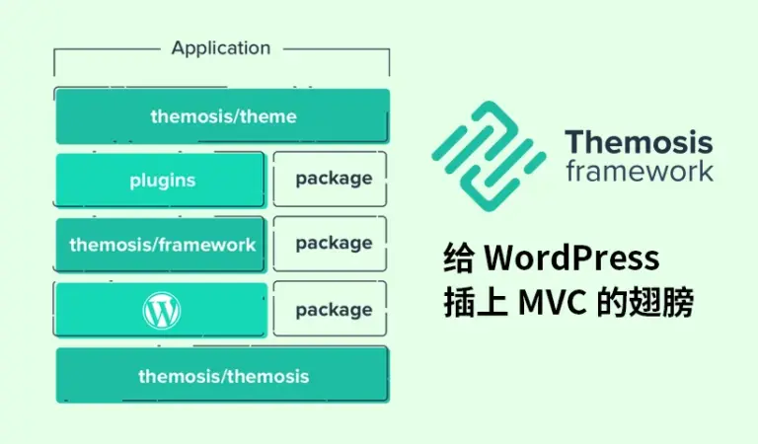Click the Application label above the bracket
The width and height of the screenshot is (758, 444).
(x=220, y=47)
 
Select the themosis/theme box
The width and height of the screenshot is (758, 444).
(x=222, y=116)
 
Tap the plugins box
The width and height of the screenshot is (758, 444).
(x=161, y=180)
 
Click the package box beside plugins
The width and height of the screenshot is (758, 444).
(x=333, y=179)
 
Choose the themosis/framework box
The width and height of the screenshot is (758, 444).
(x=161, y=244)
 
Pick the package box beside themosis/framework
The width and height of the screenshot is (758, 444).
(x=333, y=243)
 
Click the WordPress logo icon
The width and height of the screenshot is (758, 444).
(x=162, y=311)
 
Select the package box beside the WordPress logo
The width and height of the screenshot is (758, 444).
(x=333, y=310)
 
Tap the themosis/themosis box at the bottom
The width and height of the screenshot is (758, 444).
(x=222, y=375)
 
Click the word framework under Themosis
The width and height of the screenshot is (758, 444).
(x=638, y=171)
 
